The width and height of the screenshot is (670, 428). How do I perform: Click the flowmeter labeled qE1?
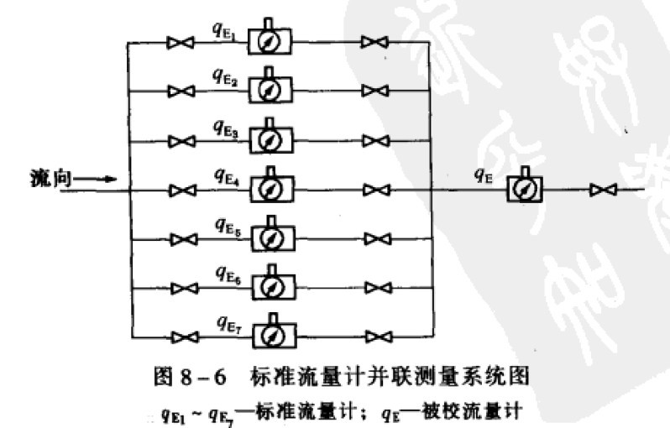[270, 39]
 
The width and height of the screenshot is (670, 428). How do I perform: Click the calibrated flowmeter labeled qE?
[525, 191]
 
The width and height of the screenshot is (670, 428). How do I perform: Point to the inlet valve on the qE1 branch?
[177, 43]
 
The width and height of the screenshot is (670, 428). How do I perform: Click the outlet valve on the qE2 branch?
[375, 91]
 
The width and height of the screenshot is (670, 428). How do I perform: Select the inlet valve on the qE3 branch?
[177, 140]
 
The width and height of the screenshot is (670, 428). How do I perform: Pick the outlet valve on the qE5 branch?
[375, 240]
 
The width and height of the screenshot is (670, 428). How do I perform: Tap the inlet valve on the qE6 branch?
[177, 289]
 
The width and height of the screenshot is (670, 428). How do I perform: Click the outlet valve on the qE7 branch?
[375, 337]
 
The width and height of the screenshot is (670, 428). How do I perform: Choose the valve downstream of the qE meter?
[601, 191]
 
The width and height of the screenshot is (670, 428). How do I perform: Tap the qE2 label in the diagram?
[225, 79]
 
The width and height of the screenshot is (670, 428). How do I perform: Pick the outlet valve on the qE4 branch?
[375, 191]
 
